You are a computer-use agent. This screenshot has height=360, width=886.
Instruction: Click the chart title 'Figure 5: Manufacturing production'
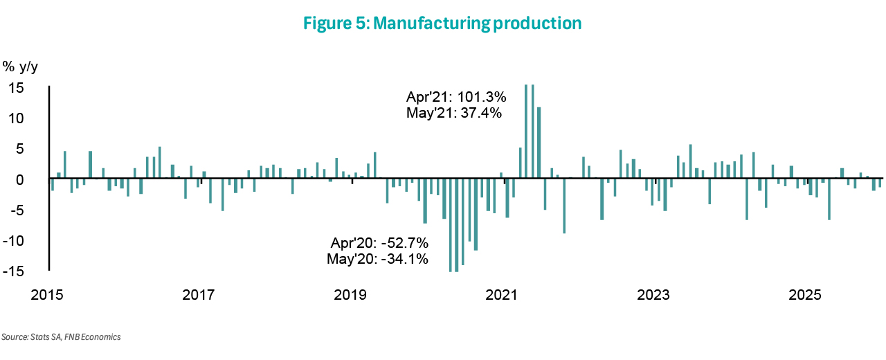coord(442,24)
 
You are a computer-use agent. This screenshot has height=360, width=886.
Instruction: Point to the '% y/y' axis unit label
coord(21,66)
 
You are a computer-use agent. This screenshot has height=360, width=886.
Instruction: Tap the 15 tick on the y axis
coord(15,88)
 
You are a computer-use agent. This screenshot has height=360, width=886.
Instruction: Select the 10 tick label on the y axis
coord(15,118)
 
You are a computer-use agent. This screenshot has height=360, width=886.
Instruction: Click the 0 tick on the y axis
coord(19,179)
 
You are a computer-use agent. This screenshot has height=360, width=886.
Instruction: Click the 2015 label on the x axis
coord(47,296)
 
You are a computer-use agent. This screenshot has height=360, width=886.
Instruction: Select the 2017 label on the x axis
coord(199,296)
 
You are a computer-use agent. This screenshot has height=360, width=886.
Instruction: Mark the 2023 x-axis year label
coord(653,296)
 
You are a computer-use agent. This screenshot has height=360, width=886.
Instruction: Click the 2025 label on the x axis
coord(805,296)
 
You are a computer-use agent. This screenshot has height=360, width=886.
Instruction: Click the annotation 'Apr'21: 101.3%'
coord(455,97)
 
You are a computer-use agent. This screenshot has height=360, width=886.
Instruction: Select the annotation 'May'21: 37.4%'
coord(454,112)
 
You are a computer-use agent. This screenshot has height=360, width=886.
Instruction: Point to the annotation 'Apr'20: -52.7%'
coord(380,244)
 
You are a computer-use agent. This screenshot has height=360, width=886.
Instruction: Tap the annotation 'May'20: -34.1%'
coord(377,259)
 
